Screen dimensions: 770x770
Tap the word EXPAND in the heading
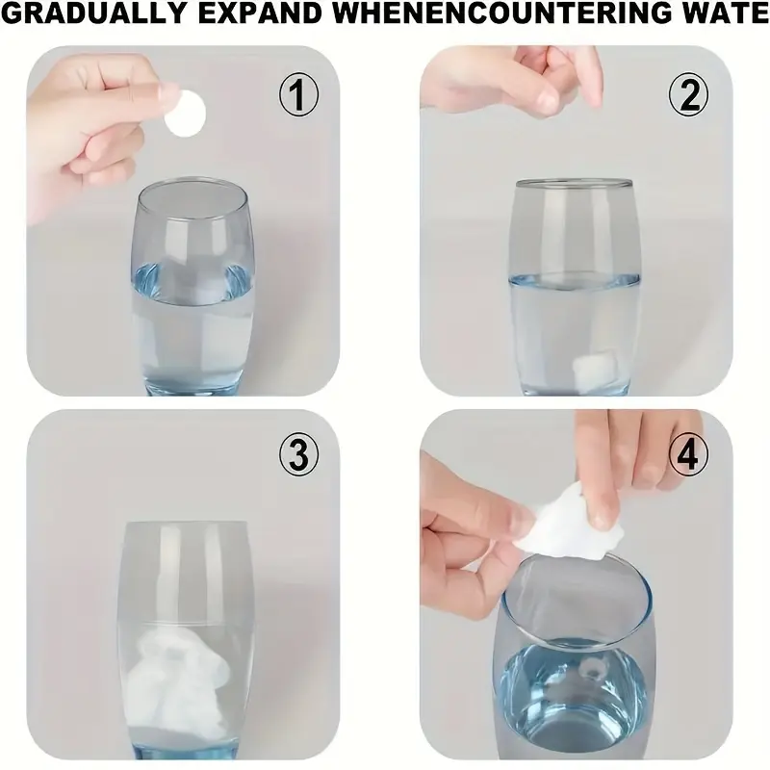point(260,14)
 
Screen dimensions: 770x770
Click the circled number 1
point(298,95)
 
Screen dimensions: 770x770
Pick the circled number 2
point(689,95)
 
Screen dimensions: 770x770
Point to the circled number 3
point(298,455)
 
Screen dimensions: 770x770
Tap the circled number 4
point(689,455)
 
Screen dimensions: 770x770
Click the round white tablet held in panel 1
point(184,114)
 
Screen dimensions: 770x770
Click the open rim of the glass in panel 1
point(192,185)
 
